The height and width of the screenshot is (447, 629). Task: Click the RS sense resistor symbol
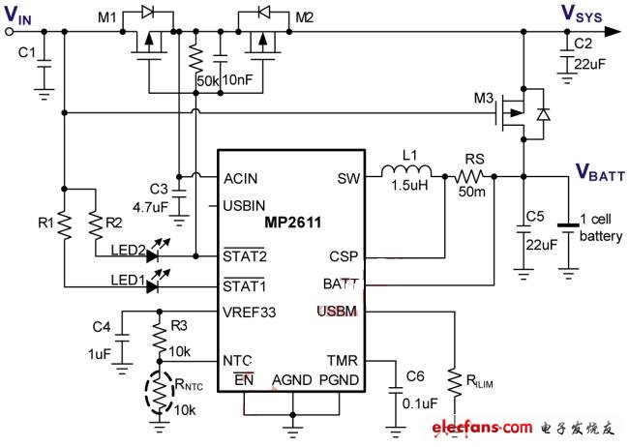[471, 177]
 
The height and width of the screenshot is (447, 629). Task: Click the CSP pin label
[342, 258]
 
